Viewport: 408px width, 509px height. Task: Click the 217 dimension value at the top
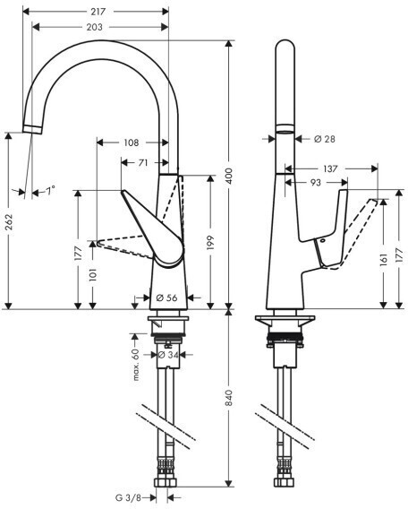[98, 12]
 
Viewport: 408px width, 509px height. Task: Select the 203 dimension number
[94, 27]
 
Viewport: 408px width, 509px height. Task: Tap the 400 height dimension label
[229, 176]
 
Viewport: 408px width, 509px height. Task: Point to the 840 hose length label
[229, 398]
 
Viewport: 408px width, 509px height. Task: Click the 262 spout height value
[10, 222]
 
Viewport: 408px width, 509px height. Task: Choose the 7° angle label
[50, 190]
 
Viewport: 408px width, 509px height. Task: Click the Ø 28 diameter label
[325, 139]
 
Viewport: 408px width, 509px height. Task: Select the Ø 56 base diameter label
[166, 298]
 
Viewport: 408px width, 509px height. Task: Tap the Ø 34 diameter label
[168, 355]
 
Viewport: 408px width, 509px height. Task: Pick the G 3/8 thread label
[128, 497]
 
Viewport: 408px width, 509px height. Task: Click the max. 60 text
[135, 364]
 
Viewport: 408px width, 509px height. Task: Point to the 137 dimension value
[330, 168]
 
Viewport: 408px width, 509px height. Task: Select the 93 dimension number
[316, 183]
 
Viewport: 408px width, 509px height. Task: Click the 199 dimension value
[210, 243]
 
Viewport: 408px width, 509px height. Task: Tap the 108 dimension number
[132, 142]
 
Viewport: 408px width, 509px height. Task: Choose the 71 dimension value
[143, 162]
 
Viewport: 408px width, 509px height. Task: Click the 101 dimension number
[93, 274]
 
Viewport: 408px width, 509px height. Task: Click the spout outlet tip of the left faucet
[32, 130]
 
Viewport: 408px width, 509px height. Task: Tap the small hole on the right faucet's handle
[322, 241]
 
